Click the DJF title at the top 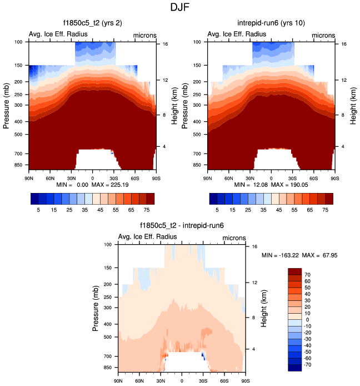tap(180, 9)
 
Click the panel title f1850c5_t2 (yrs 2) tap(92, 23)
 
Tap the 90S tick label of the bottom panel tap(245, 381)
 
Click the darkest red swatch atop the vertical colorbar tap(294, 271)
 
